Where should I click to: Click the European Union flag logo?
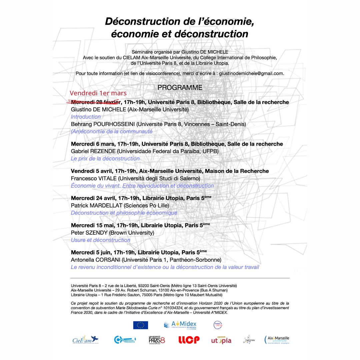(x=140, y=325)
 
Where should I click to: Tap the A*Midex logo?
(x=180, y=325)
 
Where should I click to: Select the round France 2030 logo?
(x=218, y=325)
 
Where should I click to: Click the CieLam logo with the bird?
(x=85, y=340)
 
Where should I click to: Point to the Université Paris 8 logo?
(x=157, y=340)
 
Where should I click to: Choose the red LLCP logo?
(x=189, y=340)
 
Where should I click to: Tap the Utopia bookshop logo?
(x=221, y=340)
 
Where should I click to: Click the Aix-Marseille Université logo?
(x=277, y=340)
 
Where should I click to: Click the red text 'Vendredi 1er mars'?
(x=98, y=93)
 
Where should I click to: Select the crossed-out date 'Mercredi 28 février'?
(x=95, y=102)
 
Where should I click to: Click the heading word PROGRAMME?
(x=180, y=88)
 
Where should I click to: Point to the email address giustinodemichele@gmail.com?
(x=252, y=73)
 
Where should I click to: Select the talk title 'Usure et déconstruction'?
(x=100, y=240)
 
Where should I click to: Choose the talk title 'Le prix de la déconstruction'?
(x=105, y=159)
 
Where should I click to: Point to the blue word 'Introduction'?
(x=86, y=117)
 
